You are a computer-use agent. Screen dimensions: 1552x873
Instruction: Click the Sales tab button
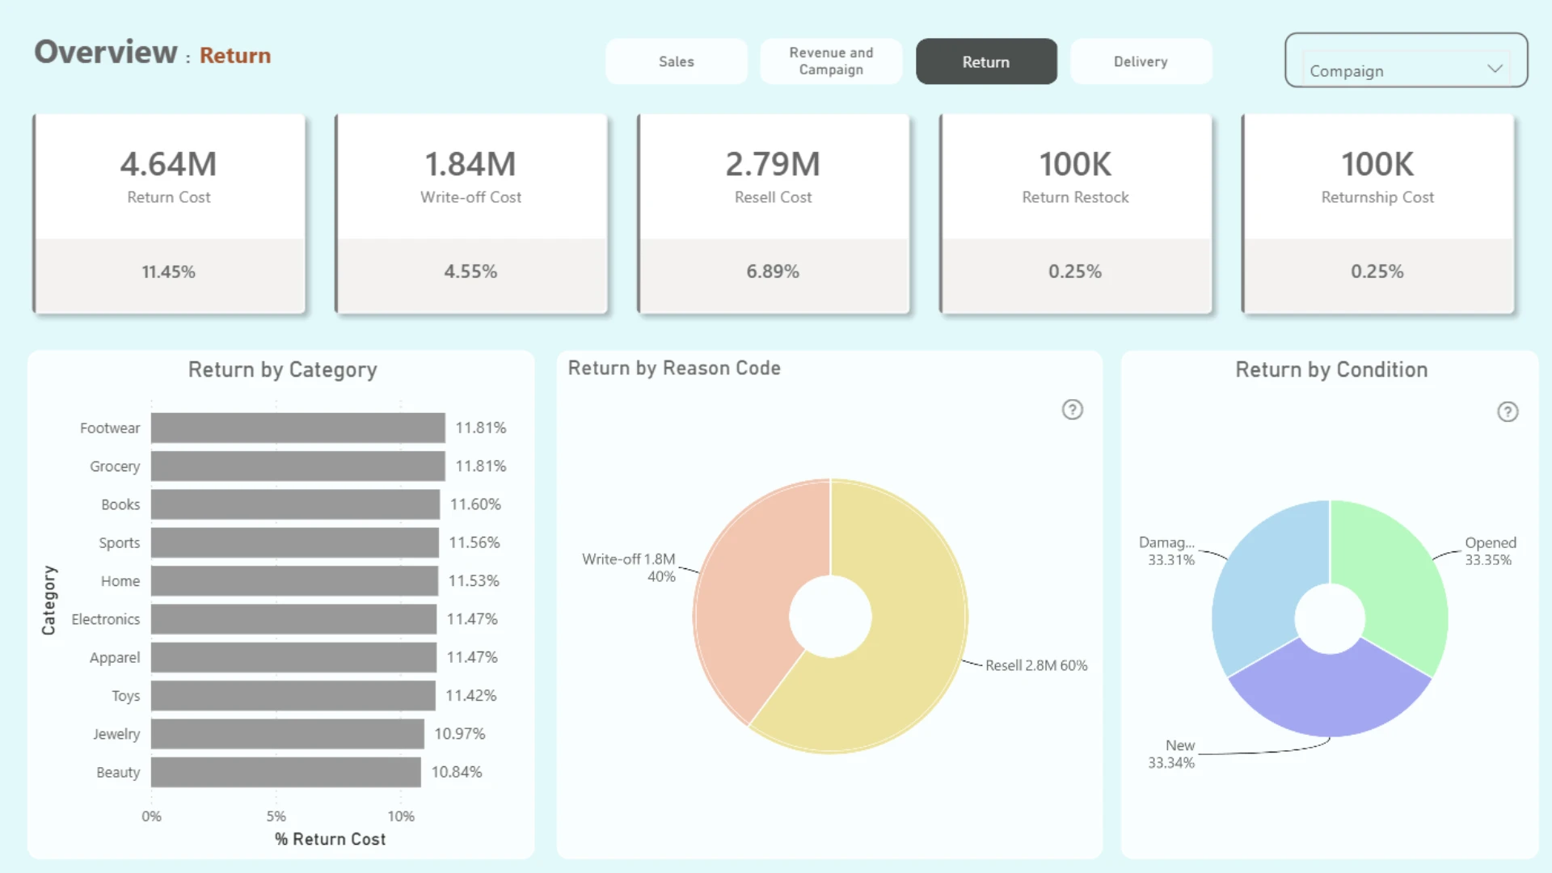[x=676, y=61]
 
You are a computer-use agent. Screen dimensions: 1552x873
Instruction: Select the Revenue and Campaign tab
[x=831, y=61]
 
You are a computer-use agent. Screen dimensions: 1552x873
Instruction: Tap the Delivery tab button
[x=1141, y=61]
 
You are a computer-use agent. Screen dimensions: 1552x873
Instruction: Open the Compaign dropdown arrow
[x=1495, y=69]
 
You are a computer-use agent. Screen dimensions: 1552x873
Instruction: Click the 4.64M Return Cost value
[x=168, y=164]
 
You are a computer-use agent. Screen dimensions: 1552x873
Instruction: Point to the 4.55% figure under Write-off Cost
[x=470, y=272]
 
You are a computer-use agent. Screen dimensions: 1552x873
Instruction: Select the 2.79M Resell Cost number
[x=773, y=164]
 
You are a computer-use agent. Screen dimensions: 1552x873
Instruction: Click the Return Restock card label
[x=1075, y=197]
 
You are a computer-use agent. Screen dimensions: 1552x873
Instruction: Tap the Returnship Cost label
[x=1377, y=197]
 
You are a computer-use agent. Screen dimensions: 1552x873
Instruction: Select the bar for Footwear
[x=297, y=428]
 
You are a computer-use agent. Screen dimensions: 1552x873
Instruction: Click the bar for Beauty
[x=285, y=772]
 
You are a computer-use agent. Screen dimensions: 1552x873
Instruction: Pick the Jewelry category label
[x=116, y=734]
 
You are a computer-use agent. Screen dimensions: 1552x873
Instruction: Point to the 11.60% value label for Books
[x=475, y=504]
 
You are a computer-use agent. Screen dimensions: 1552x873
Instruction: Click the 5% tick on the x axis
[x=276, y=816]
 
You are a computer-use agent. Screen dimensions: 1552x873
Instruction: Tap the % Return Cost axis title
[x=330, y=839]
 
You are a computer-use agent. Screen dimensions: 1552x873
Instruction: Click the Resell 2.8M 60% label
[x=1036, y=665]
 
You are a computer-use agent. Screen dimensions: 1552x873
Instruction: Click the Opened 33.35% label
[x=1490, y=551]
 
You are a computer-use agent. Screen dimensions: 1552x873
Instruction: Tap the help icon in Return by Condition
[x=1508, y=412]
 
